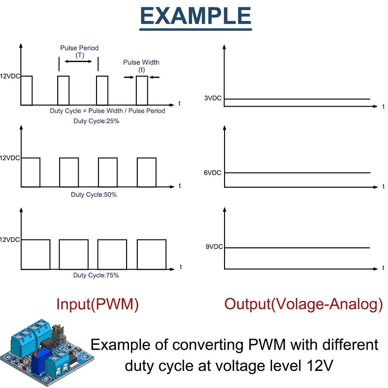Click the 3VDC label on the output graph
coord(213,98)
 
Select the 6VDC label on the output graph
coord(213,172)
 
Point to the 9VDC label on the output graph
coord(214,247)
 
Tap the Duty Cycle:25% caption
coord(96,121)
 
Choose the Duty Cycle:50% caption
coord(94,194)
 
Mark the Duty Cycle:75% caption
coord(96,275)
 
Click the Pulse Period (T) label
coord(79,51)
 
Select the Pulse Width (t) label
coord(141,65)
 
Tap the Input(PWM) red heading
coord(97,304)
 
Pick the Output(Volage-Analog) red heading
coord(303,304)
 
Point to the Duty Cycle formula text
coord(107,111)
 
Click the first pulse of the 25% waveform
coord(27,90)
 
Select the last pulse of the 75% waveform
coord(151,254)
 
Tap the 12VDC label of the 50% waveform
coord(10,158)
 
